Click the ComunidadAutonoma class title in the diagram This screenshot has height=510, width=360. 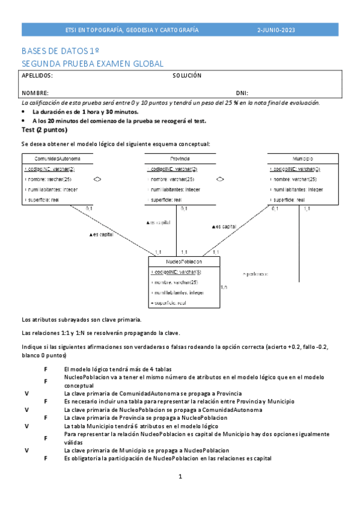58,158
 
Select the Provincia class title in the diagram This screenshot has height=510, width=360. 176,158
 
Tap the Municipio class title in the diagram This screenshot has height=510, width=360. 303,158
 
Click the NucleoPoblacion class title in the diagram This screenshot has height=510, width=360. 184,262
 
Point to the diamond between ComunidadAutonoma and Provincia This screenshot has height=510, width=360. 97,179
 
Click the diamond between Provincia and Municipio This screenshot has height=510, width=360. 221,179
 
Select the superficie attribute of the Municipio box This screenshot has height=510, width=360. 288,200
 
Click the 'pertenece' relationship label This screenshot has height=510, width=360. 256,274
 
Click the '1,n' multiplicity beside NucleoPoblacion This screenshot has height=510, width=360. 224,287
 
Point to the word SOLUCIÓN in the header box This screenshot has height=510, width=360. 187,76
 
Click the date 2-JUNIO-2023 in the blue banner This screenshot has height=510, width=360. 276,29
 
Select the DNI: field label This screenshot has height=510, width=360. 242,93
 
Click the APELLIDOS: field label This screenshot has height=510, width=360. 37,76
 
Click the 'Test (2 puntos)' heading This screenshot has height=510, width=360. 44,129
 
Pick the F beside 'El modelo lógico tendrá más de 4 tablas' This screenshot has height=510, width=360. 45,369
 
